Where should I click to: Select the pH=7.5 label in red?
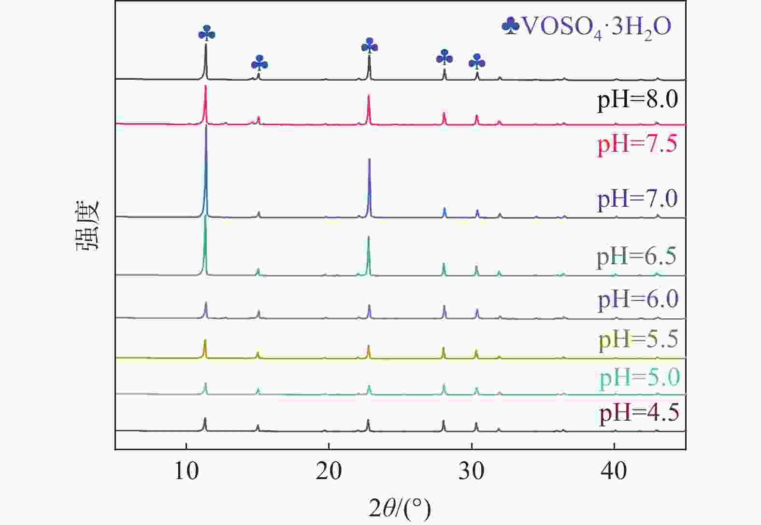[637, 144]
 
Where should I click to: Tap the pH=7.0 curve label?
[637, 199]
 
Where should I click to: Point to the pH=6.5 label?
[636, 256]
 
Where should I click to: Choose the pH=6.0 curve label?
[638, 299]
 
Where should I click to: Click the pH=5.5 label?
[638, 340]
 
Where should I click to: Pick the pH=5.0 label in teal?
[639, 377]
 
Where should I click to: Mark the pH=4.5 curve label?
[639, 413]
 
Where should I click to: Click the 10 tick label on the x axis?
[186, 471]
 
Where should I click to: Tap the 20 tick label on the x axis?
[329, 471]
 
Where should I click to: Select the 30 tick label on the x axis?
[471, 471]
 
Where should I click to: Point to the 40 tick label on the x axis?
[614, 471]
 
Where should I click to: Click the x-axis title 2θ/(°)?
[399, 509]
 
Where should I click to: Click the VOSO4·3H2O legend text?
[596, 28]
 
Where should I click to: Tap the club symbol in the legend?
[511, 27]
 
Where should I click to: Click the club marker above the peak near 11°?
[207, 33]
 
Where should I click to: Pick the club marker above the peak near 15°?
[259, 63]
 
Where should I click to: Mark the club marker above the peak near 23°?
[370, 46]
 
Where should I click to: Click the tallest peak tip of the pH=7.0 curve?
[206, 127]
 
